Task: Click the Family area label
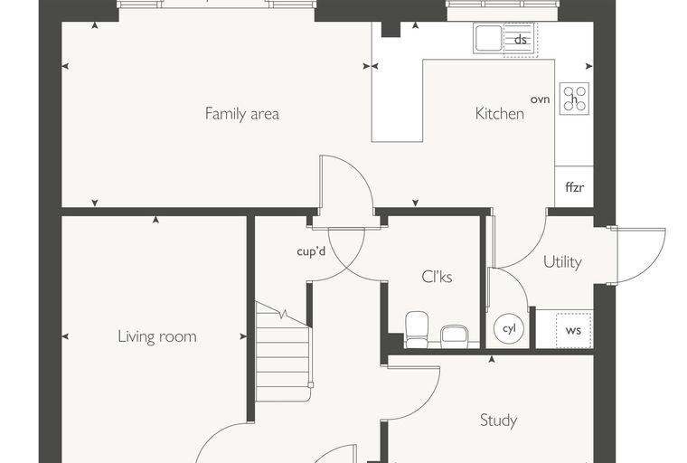[242, 114]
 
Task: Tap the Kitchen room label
[500, 114]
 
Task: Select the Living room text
[157, 336]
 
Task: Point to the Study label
[498, 420]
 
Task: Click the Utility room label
[562, 261]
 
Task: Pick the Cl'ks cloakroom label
[437, 277]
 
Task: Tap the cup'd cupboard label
[311, 251]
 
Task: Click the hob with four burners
[574, 99]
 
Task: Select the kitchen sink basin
[487, 38]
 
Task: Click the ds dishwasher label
[520, 40]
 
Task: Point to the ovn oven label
[540, 99]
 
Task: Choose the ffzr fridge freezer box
[574, 186]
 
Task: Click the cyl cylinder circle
[509, 328]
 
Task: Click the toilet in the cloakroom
[417, 329]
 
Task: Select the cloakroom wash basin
[455, 336]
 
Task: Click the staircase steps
[284, 351]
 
